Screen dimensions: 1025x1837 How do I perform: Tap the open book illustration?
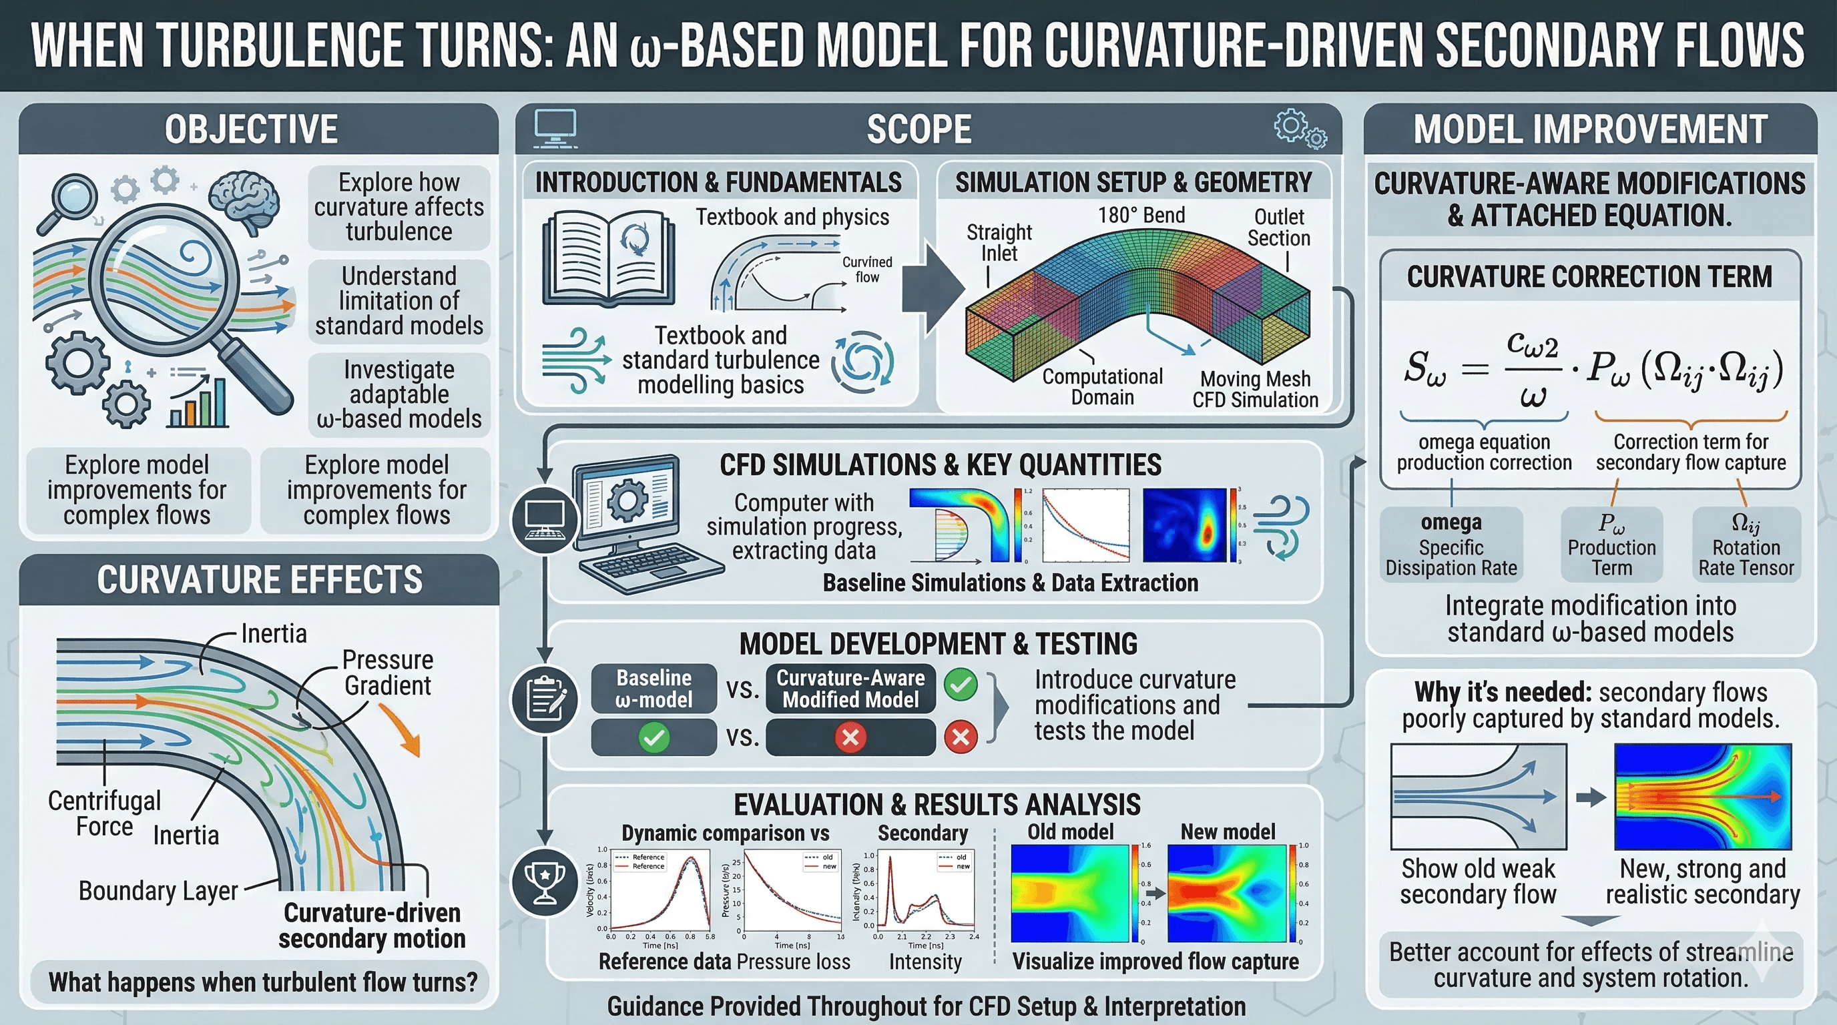[607, 260]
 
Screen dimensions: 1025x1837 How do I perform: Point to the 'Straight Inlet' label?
[999, 242]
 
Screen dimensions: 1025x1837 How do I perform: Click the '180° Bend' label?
[1141, 216]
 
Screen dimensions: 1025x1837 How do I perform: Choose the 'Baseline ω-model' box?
[653, 689]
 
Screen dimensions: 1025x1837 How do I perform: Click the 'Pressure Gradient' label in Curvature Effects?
[388, 672]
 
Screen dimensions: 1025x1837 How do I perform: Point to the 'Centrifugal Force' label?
[104, 813]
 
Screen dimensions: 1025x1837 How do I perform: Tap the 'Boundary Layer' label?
[158, 891]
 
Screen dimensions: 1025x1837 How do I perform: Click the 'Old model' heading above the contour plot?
[1069, 832]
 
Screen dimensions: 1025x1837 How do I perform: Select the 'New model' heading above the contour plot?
[1228, 832]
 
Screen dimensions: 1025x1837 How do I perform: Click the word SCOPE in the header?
[918, 129]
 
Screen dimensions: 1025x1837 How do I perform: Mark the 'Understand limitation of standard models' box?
[399, 301]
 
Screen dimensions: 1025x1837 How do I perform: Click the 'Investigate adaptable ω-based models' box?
[399, 394]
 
